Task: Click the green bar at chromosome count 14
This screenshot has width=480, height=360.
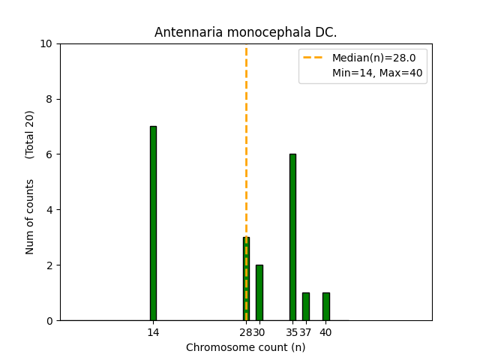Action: (153, 223)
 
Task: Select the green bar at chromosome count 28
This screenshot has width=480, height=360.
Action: (246, 279)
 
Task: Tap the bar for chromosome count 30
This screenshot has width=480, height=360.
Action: (259, 292)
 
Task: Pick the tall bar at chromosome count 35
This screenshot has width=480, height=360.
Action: (292, 237)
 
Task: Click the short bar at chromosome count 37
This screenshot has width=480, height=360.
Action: (306, 307)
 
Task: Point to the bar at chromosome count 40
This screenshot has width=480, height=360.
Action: (325, 307)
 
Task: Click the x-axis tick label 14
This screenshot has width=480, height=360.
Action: (153, 332)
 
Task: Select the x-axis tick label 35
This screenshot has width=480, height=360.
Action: (292, 332)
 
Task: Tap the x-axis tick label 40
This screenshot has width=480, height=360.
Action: (326, 332)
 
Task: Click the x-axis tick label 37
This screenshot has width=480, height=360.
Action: (306, 332)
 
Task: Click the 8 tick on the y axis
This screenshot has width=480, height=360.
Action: (49, 99)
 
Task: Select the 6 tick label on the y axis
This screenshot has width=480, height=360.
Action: (49, 154)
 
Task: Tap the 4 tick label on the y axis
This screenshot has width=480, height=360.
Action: (49, 210)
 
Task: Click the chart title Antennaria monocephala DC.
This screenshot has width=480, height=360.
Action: (246, 32)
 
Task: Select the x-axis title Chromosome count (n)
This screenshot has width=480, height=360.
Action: (246, 347)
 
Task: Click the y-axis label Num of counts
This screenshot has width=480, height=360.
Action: (30, 217)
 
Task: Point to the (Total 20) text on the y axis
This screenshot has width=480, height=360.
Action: (30, 134)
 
